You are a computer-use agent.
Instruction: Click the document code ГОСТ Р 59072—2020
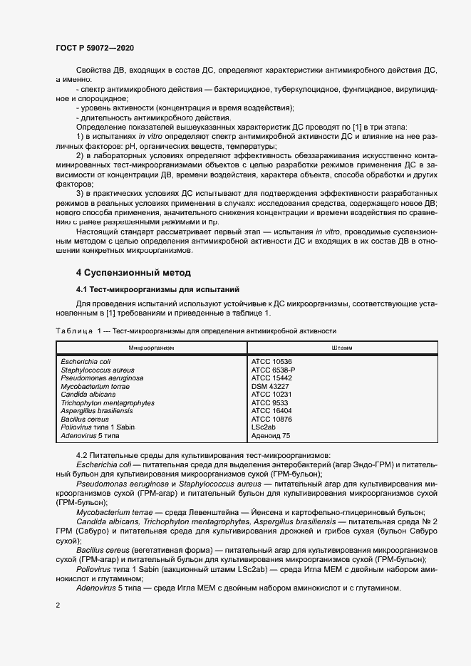click(95, 48)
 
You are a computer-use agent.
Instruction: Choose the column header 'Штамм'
click(341, 347)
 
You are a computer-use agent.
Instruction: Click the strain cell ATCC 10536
click(271, 362)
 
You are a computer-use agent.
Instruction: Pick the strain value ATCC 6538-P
click(273, 370)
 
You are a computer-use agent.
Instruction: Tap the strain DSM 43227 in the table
click(270, 386)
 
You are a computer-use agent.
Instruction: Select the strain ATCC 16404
click(271, 411)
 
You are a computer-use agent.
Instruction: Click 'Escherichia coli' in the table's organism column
click(86, 362)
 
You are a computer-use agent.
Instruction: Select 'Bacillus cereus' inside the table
click(85, 419)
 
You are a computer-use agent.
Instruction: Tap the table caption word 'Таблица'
click(74, 331)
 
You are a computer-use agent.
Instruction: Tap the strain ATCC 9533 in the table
click(269, 402)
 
